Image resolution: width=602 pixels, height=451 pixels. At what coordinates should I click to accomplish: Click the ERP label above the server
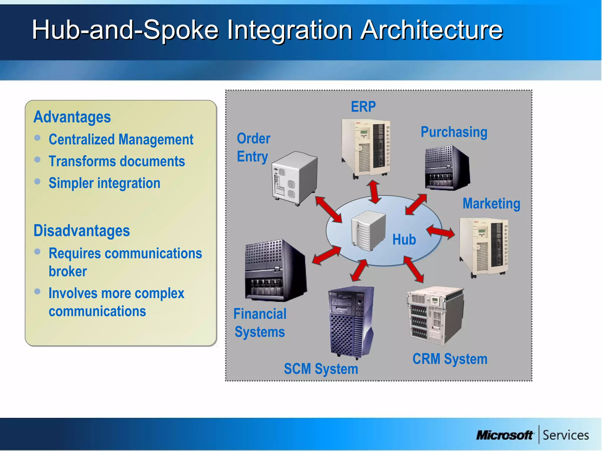[x=363, y=107]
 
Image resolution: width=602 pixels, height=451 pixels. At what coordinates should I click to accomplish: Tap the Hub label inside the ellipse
[x=404, y=240]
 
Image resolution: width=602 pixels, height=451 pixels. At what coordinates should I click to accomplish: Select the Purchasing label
[x=454, y=132]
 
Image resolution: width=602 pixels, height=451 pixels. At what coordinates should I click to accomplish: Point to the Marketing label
[x=491, y=203]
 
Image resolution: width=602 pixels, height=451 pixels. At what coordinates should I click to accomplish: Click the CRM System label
[x=450, y=359]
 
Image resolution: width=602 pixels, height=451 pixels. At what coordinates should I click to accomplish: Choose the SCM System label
[x=321, y=369]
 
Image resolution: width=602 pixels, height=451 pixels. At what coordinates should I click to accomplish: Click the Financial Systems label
[x=260, y=323]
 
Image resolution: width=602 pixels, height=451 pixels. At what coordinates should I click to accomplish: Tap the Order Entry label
[x=253, y=147]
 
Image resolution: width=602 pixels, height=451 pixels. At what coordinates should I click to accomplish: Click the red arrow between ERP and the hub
[x=374, y=192]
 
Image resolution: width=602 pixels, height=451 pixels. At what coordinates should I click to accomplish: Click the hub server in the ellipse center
[x=368, y=230]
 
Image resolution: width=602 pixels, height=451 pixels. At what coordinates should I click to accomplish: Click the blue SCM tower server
[x=351, y=322]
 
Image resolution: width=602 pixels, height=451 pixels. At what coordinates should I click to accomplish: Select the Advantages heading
[x=72, y=117]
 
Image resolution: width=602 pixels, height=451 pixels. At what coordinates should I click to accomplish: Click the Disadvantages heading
[x=82, y=230]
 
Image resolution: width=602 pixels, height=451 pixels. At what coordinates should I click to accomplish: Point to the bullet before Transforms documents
[x=37, y=159]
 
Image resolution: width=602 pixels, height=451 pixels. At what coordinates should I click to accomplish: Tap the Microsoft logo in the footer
[x=504, y=435]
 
